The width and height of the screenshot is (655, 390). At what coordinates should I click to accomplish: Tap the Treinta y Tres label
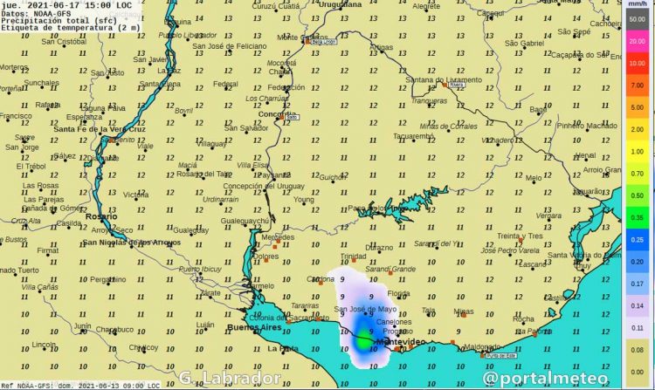click(520, 236)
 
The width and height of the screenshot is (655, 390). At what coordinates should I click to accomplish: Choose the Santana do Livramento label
click(444, 80)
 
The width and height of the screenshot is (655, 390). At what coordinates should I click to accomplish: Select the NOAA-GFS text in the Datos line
click(55, 13)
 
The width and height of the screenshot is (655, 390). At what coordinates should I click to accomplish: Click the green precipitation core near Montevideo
click(364, 341)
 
